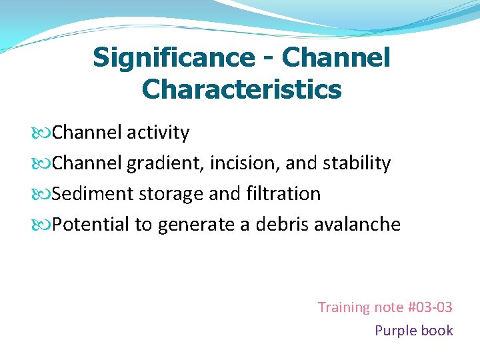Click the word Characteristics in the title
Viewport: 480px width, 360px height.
pos(241,89)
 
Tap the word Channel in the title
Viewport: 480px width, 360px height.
pos(336,58)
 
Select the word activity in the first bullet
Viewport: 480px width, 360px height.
pos(159,133)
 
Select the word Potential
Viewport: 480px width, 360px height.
pos(91,225)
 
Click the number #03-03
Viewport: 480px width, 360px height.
pos(429,307)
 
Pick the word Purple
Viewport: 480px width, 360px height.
pos(396,331)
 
